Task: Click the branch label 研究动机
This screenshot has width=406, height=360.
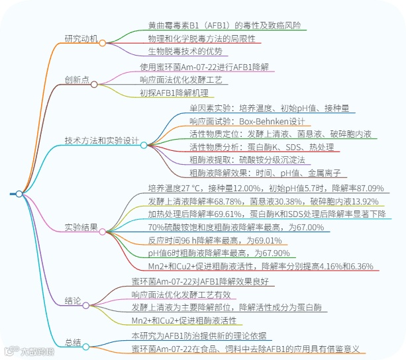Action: tap(81, 38)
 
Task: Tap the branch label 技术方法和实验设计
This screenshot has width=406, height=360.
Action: tap(101, 140)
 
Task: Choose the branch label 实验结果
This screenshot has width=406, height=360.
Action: tap(81, 228)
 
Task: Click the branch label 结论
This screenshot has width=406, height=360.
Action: tap(74, 301)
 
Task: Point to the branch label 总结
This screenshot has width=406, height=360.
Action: tap(74, 342)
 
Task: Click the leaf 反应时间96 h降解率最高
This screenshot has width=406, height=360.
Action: tap(210, 240)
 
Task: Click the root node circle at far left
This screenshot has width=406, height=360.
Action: tap(19, 194)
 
